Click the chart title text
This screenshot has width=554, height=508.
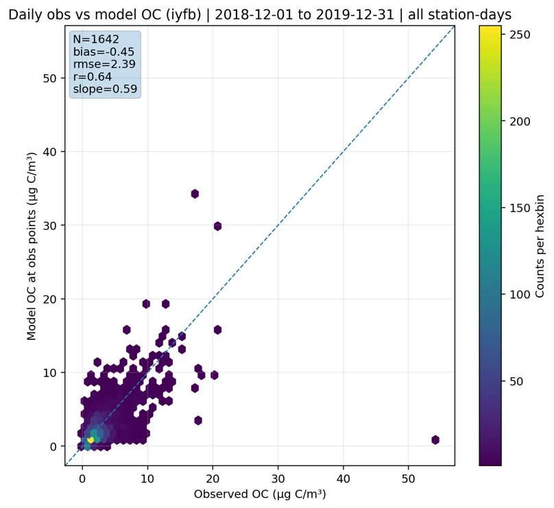(260, 14)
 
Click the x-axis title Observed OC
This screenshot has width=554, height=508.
(260, 494)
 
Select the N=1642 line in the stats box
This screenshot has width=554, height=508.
(95, 40)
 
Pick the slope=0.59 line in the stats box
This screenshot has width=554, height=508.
(105, 89)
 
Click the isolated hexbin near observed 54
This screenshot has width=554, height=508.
(435, 439)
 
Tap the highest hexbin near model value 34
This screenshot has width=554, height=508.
(195, 194)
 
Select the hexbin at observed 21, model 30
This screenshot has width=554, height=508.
(217, 226)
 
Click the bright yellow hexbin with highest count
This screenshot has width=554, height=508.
(91, 439)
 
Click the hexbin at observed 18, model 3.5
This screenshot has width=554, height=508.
(198, 420)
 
